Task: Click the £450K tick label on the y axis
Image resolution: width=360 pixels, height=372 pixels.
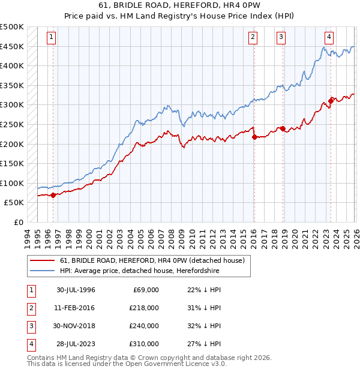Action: click(x=12, y=46)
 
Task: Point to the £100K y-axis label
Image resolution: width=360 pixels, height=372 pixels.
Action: click(x=12, y=183)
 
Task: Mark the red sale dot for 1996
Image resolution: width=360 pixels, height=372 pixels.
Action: click(x=53, y=195)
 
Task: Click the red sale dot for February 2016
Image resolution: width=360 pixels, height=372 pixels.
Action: click(x=254, y=137)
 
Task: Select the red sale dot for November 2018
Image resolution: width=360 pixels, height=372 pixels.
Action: click(x=282, y=128)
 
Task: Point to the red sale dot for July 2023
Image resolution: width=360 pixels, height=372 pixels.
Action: click(x=330, y=101)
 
